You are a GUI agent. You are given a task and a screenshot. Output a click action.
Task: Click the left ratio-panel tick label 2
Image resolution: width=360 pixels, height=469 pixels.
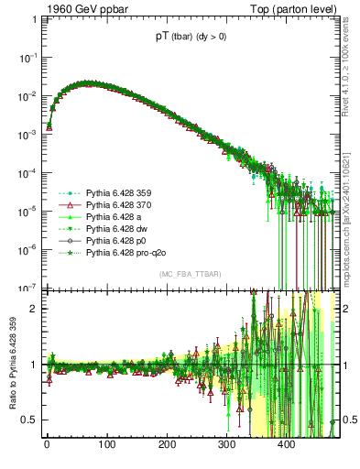[30, 309]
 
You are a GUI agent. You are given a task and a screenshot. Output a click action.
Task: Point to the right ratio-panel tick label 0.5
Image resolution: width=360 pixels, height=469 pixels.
[348, 420]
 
